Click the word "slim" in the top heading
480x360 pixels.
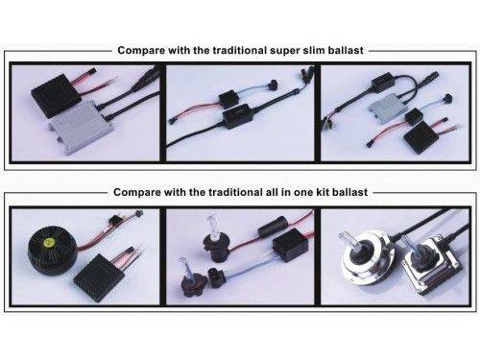(314, 50)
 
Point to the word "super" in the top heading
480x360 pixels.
(284, 51)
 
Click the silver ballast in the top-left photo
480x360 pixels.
(81, 127)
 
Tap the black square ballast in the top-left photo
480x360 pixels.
(56, 94)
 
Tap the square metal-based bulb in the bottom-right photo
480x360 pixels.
(433, 264)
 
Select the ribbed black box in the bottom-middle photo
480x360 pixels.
(290, 244)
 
